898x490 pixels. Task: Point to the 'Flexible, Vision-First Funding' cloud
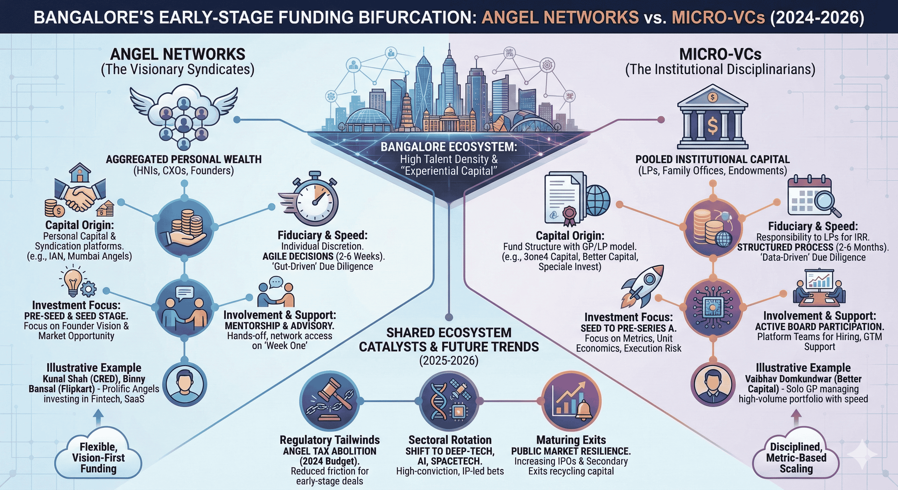(x=98, y=457)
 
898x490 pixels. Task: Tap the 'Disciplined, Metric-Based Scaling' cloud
(x=796, y=457)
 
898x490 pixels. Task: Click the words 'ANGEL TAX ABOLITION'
(x=329, y=451)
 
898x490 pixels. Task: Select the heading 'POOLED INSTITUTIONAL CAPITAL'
(x=712, y=160)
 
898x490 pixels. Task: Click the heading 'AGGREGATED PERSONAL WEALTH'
(x=183, y=160)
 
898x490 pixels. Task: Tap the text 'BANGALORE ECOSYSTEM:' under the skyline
(x=449, y=147)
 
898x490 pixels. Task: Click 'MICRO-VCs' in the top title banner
(x=718, y=18)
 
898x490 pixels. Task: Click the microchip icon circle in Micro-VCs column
(x=712, y=307)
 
